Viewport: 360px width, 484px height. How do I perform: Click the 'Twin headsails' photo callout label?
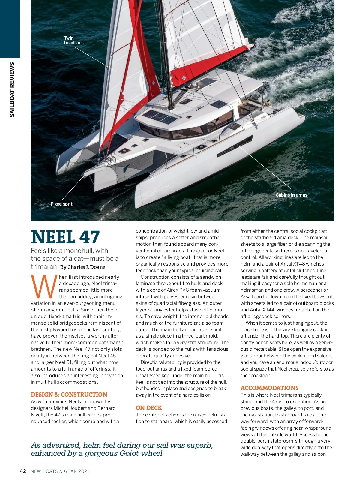73,40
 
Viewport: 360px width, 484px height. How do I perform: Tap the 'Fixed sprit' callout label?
61,204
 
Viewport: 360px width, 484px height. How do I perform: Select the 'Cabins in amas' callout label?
291,195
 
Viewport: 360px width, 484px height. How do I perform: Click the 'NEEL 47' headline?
65,237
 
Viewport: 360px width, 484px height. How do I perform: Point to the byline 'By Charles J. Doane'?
83,267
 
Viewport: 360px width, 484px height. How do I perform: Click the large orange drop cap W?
44,287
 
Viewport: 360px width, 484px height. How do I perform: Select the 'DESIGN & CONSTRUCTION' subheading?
69,395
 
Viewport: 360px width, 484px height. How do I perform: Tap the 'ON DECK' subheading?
149,408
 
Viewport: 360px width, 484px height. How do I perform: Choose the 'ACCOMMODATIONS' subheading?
269,388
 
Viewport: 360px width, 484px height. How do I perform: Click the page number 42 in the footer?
23,471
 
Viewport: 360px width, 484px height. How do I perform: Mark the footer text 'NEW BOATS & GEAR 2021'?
60,471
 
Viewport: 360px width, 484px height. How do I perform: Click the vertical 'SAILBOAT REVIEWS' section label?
12,89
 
